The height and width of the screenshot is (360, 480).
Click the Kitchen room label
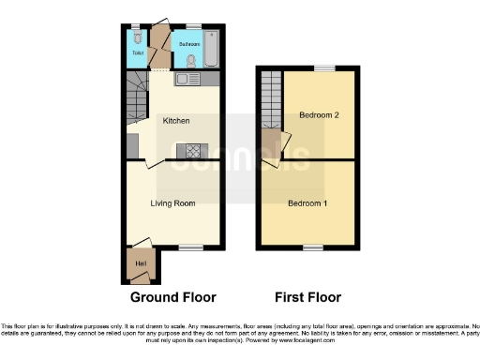176,121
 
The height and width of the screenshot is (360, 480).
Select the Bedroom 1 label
307,202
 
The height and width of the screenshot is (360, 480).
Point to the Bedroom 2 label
319,114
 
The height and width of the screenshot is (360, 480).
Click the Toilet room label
137,53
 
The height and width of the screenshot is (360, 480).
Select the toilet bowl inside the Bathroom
191,60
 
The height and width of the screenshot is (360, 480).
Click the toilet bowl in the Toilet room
138,37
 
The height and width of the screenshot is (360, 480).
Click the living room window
191,247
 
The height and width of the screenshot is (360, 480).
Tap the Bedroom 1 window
308,247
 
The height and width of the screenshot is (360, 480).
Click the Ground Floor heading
172,297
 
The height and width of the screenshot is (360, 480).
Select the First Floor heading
307,297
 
